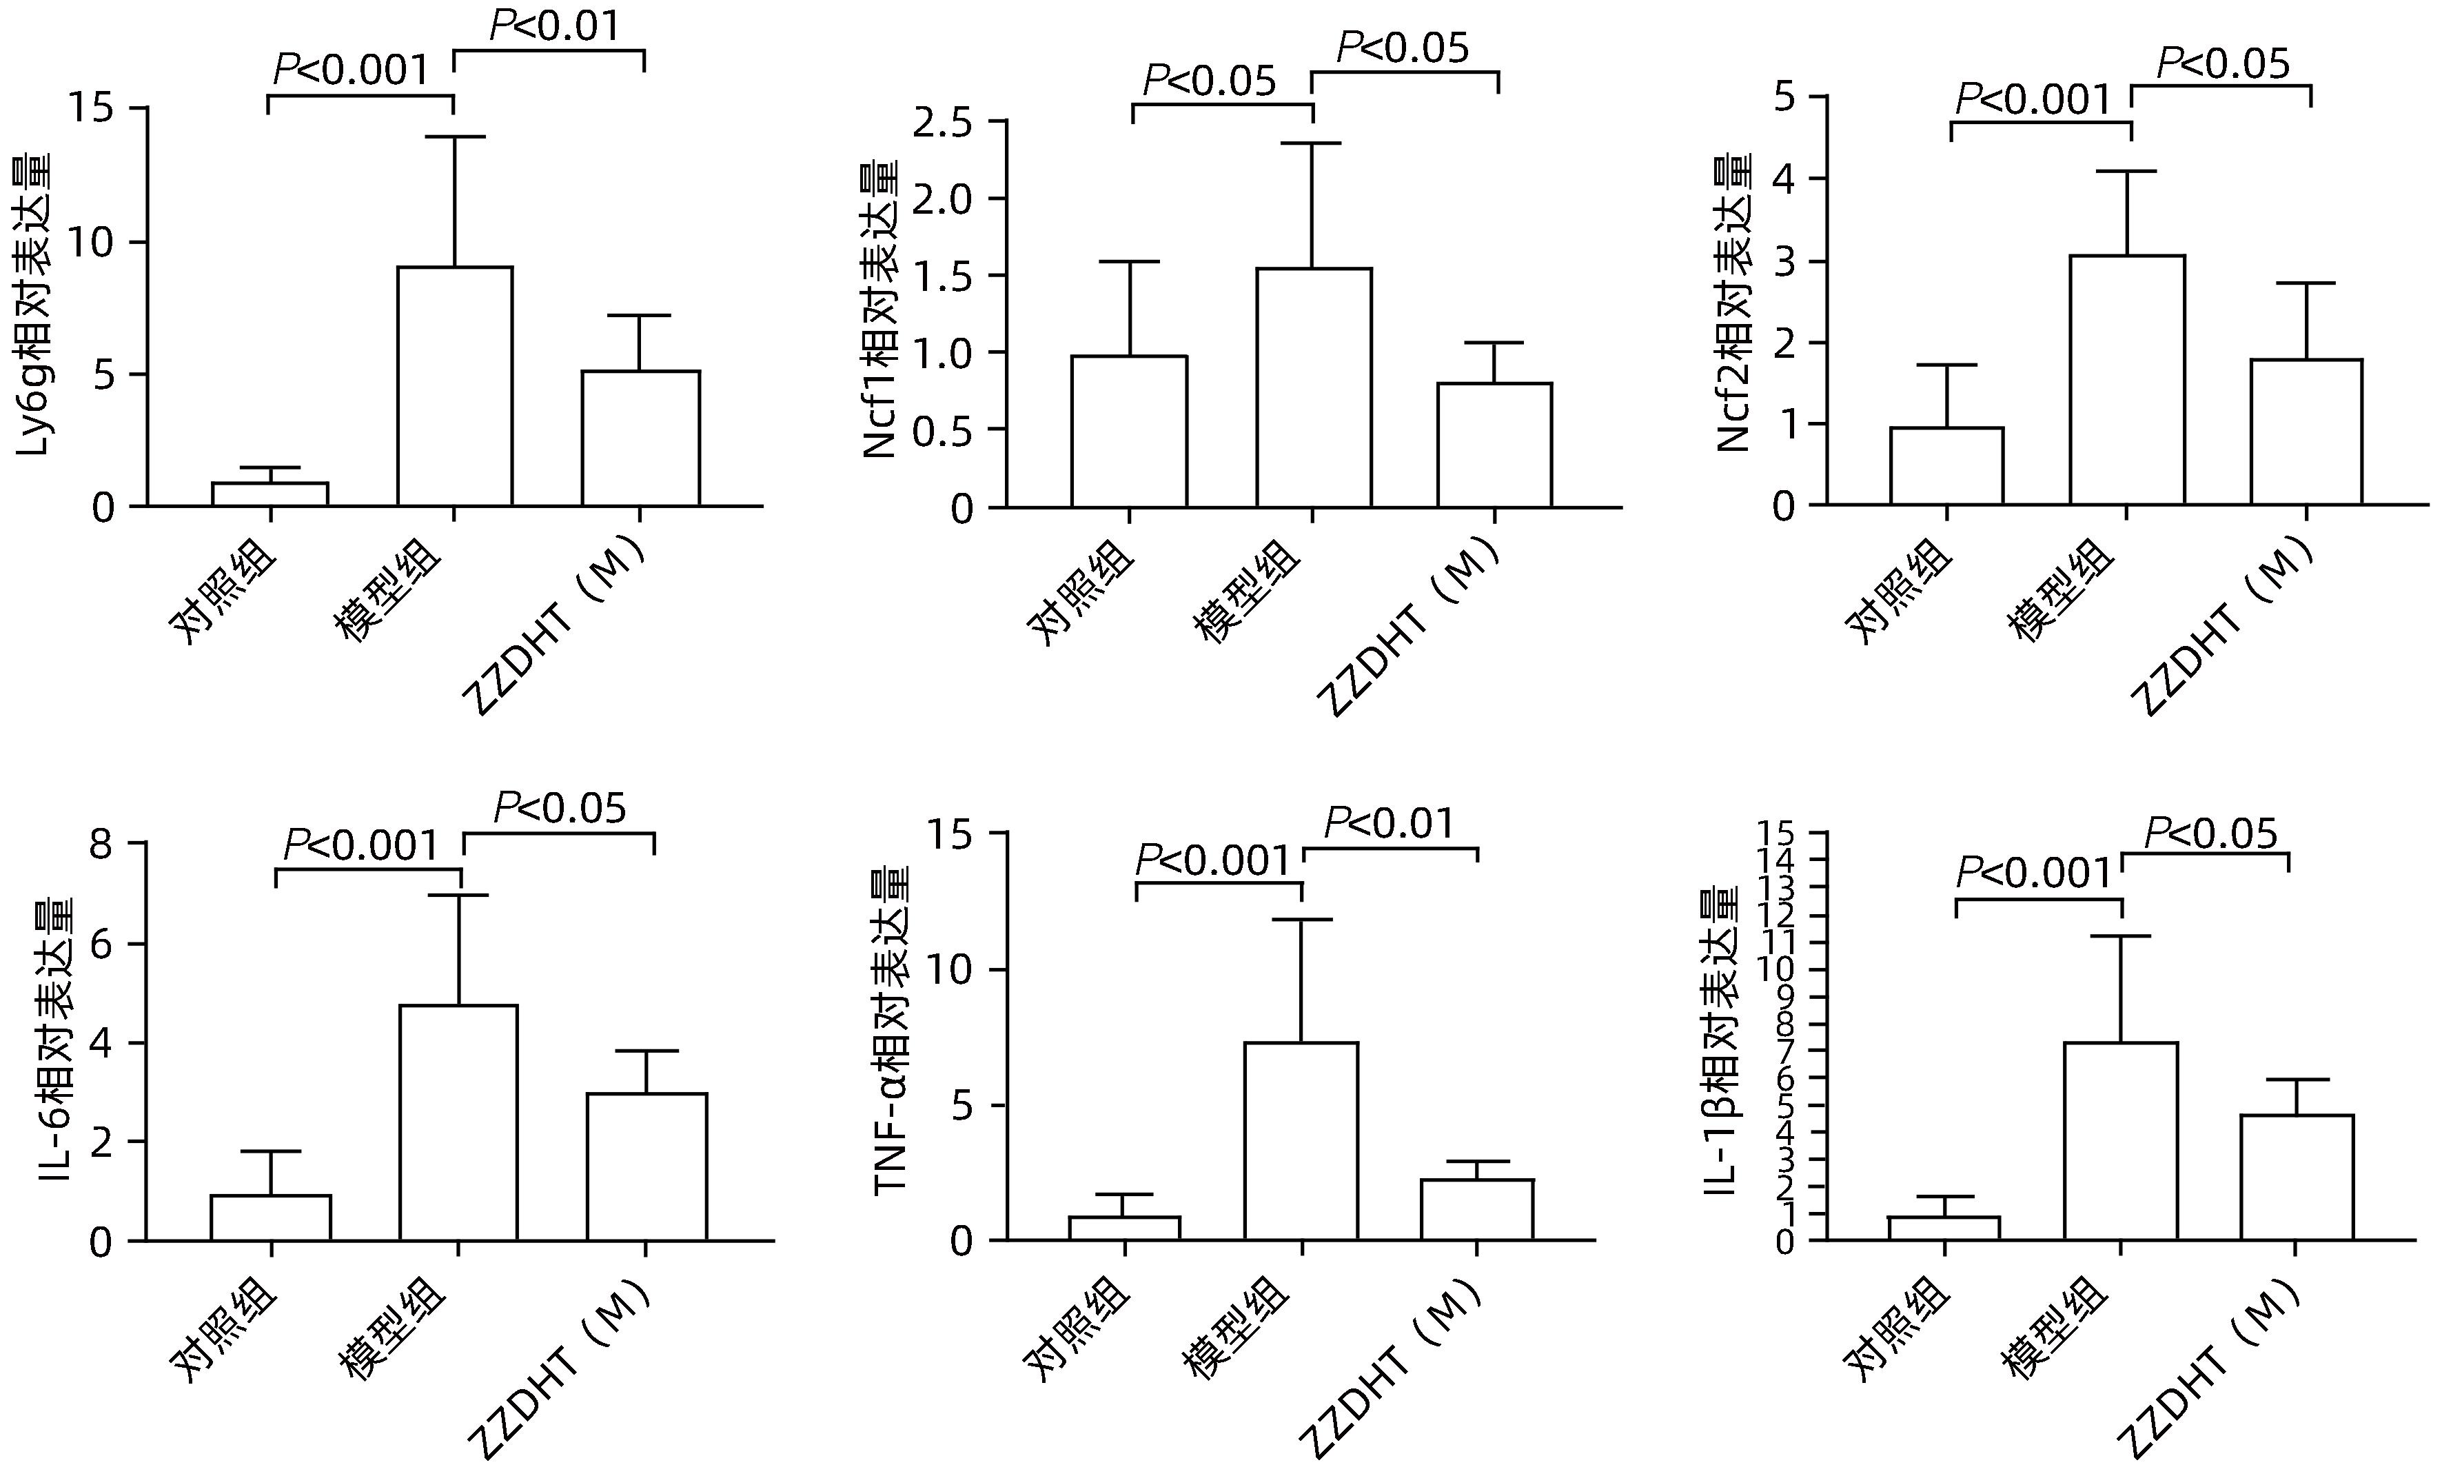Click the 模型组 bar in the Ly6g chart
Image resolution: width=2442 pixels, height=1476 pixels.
point(455,387)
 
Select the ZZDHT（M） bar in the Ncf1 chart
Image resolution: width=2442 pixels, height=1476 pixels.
point(1494,445)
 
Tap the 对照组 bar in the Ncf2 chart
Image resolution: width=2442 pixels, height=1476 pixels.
point(1946,466)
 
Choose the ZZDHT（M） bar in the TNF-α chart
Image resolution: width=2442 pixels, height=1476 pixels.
point(1476,1209)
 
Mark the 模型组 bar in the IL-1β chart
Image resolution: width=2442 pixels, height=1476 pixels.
point(2121,1141)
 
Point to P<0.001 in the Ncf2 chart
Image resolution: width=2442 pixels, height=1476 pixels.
point(2034,99)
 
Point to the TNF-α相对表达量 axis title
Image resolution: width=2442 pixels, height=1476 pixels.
point(891,1031)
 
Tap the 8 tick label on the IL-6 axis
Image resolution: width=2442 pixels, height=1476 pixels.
point(102,845)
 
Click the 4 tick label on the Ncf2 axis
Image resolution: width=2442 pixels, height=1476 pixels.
point(1784,179)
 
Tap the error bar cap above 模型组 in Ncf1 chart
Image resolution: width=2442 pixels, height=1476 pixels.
point(1312,143)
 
